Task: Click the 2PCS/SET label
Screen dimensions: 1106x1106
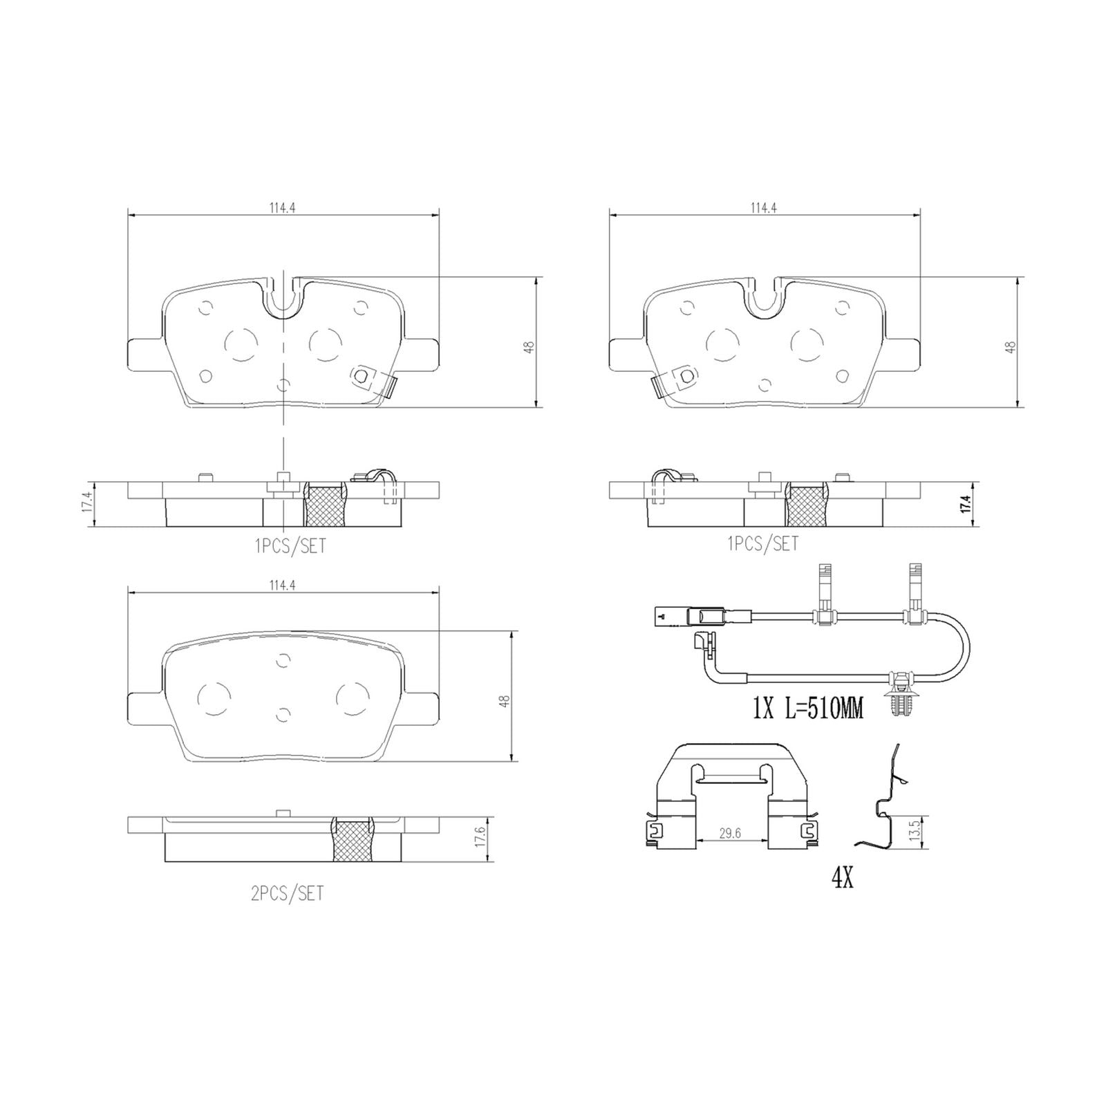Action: click(287, 894)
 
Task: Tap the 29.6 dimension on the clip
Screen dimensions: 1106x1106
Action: click(729, 834)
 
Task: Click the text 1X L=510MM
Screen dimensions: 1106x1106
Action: click(807, 709)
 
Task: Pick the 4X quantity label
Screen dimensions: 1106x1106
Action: click(842, 879)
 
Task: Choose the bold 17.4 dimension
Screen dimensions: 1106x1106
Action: click(966, 504)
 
